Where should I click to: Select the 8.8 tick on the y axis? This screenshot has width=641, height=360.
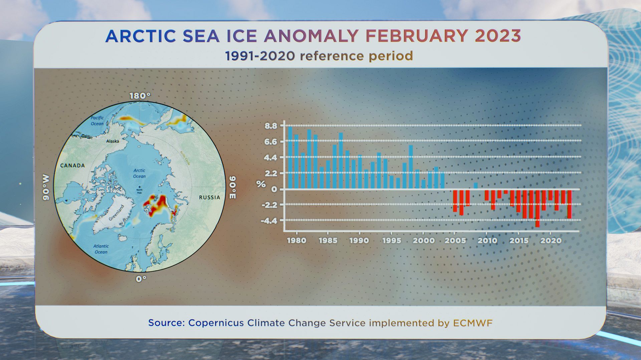point(271,126)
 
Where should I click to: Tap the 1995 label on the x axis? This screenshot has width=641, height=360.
point(391,241)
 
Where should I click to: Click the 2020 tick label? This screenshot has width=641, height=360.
point(551,241)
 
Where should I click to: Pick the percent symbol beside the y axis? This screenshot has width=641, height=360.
point(261,184)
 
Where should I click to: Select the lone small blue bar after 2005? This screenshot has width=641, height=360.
point(476,186)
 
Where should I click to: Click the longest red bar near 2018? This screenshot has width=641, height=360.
point(537,208)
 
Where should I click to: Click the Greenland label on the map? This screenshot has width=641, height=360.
point(117,213)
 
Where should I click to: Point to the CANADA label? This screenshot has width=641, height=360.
point(72,165)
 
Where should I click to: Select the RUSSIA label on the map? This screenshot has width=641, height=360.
point(210,197)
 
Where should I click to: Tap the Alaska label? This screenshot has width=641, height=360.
point(113,141)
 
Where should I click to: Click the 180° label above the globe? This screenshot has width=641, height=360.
point(140,96)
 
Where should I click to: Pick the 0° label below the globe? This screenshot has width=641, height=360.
point(141,279)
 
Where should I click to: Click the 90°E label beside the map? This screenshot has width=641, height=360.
point(232,187)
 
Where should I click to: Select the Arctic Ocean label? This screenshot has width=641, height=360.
point(139,173)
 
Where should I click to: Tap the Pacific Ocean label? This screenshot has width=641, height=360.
point(97,121)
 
